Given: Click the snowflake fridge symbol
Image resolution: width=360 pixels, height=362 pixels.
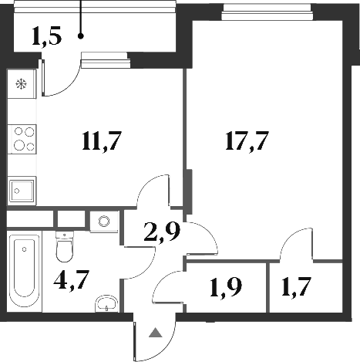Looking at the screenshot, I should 21,84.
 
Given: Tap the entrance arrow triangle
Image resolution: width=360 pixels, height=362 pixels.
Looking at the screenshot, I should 156,333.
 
